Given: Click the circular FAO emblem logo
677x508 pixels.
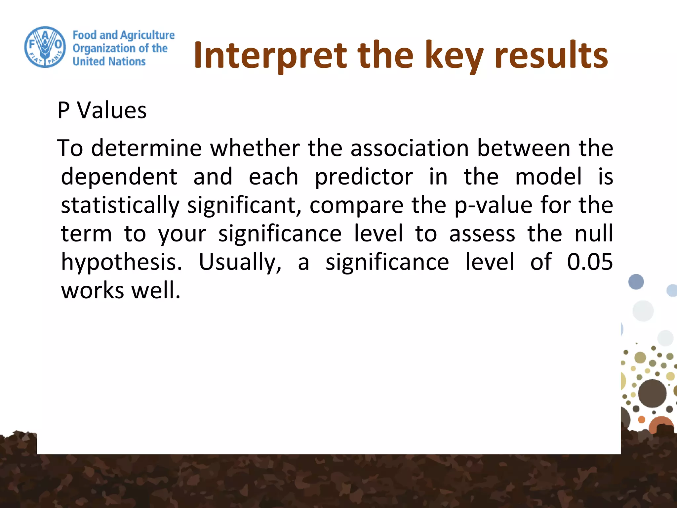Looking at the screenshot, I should pyautogui.click(x=45, y=47).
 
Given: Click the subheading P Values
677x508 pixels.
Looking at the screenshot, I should pyautogui.click(x=102, y=110).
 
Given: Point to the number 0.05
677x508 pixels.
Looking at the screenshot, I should pyautogui.click(x=590, y=262).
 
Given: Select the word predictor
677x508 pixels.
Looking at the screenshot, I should pyautogui.click(x=364, y=177).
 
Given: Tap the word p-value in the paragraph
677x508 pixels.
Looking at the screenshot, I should pyautogui.click(x=493, y=205).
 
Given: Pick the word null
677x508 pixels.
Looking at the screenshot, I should pyautogui.click(x=594, y=233).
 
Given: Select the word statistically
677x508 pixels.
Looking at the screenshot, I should pyautogui.click(x=120, y=205).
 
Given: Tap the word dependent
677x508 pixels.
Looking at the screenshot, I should pyautogui.click(x=119, y=177).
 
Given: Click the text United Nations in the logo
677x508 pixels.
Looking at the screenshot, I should pyautogui.click(x=109, y=62).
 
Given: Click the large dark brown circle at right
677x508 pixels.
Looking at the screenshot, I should pyautogui.click(x=652, y=393).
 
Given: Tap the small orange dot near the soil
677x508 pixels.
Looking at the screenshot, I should pyautogui.click(x=641, y=420).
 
